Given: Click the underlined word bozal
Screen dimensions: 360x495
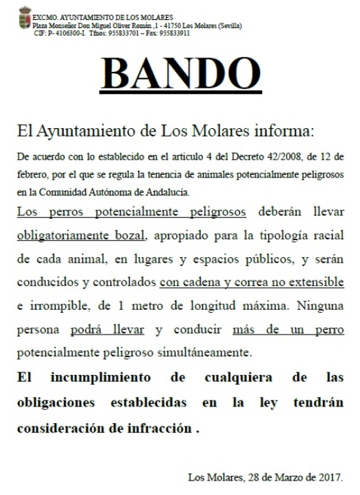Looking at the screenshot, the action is [130, 237].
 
